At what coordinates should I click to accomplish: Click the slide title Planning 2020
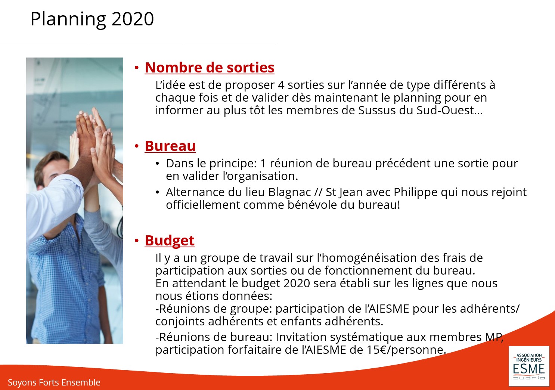click(x=92, y=19)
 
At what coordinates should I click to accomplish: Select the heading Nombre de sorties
click(x=210, y=67)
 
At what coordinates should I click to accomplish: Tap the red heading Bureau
click(x=170, y=146)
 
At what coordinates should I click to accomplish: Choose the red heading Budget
click(x=170, y=241)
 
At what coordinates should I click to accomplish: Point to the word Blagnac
click(x=289, y=192)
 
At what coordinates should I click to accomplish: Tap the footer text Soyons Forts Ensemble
click(x=54, y=382)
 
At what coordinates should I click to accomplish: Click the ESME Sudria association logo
click(x=529, y=366)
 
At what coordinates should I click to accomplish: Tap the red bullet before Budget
click(x=137, y=241)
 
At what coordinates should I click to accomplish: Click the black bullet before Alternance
click(x=157, y=192)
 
